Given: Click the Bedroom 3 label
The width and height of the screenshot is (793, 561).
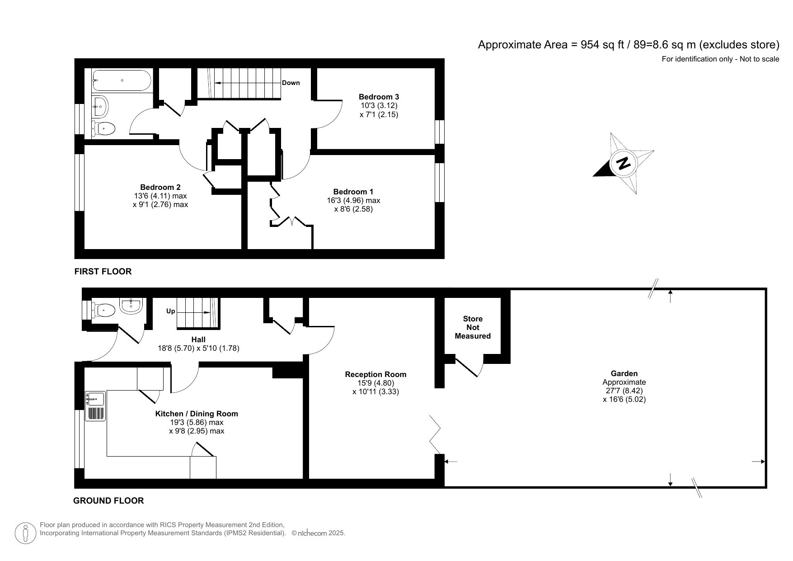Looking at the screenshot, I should point(379,97).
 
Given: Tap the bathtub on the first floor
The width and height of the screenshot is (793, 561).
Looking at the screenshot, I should point(121,80).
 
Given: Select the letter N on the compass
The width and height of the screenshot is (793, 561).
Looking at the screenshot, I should point(624,163).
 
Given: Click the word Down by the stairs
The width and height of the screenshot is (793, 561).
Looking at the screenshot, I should point(291,83).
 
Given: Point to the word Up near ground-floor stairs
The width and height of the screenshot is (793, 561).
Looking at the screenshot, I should point(170,311).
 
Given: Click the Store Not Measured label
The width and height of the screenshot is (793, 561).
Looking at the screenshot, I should point(473,327).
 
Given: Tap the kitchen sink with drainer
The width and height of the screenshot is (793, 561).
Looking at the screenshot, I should point(95,406).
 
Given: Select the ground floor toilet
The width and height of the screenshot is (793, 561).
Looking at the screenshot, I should point(104,310).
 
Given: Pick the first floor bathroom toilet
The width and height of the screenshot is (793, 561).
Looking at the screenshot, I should point(104,128).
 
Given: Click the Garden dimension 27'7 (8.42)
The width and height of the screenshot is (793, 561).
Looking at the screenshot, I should point(624,391).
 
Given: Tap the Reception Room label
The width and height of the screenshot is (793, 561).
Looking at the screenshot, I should point(375,374).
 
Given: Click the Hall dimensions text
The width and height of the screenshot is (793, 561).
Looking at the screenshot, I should point(198,348).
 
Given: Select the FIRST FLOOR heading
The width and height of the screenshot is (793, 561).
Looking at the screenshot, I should point(103,271).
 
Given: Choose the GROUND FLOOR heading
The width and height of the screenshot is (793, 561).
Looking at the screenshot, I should point(108,500).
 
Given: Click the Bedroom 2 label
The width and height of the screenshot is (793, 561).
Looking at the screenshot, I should point(160,187).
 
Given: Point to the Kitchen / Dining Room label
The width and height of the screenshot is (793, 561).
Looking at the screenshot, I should point(197,414).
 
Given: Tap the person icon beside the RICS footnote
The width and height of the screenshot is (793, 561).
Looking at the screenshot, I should point(26,533).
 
